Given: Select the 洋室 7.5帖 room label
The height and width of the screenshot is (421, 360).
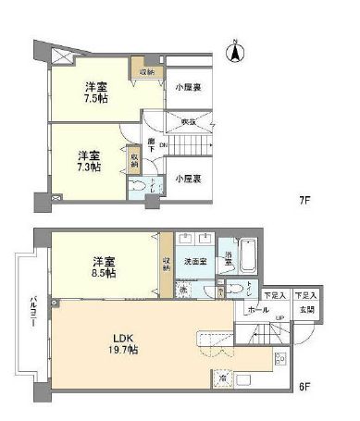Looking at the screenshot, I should (x=93, y=93).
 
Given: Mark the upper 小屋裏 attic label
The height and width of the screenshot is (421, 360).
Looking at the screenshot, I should (x=189, y=88).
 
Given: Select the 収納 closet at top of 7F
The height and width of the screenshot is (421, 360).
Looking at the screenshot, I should (x=147, y=72).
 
